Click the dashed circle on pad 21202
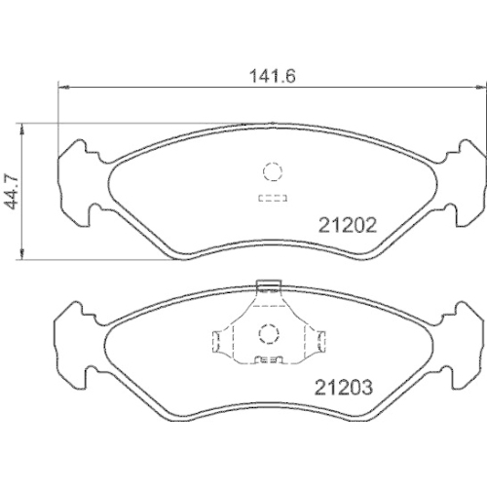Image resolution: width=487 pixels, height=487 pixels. pos(271,173)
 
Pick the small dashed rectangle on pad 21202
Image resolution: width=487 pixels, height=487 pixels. pos(270,199)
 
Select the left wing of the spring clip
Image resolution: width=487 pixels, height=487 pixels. pos(220,341)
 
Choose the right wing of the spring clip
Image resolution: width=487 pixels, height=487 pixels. pos(317,341)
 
